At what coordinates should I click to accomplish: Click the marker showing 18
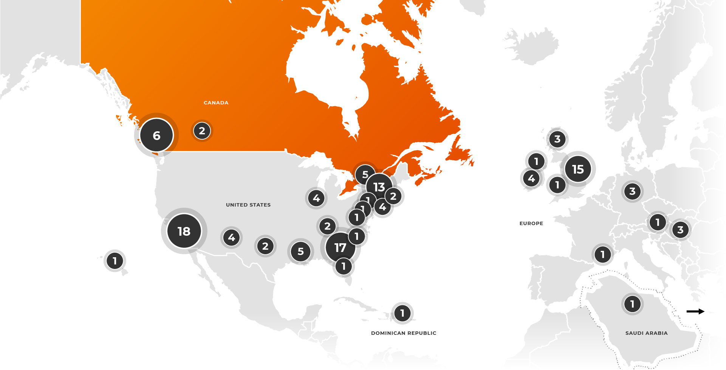[x=184, y=231]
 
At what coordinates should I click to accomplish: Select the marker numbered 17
[x=340, y=247]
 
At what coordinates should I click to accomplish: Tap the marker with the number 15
[x=578, y=169]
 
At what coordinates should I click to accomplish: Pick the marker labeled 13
[x=379, y=187]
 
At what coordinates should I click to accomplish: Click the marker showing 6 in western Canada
[x=156, y=135]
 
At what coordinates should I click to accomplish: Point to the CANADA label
[x=216, y=103]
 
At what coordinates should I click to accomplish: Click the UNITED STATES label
[x=248, y=205]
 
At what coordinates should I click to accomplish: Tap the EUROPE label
[x=531, y=224]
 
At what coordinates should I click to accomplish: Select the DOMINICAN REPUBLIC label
[x=404, y=333]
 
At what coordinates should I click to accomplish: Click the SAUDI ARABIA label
[x=646, y=333]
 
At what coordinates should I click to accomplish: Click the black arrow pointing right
[x=695, y=311]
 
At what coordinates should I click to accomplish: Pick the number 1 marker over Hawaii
[x=115, y=261]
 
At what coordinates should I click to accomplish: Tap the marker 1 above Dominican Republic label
[x=402, y=313]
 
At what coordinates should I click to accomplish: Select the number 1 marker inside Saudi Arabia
[x=632, y=304]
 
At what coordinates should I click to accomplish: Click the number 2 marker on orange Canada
[x=202, y=131]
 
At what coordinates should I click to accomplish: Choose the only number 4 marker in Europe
[x=531, y=178]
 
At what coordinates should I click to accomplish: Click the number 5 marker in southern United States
[x=301, y=251]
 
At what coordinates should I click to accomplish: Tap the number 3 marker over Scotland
[x=557, y=139]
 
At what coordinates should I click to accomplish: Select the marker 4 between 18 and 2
[x=232, y=238]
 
